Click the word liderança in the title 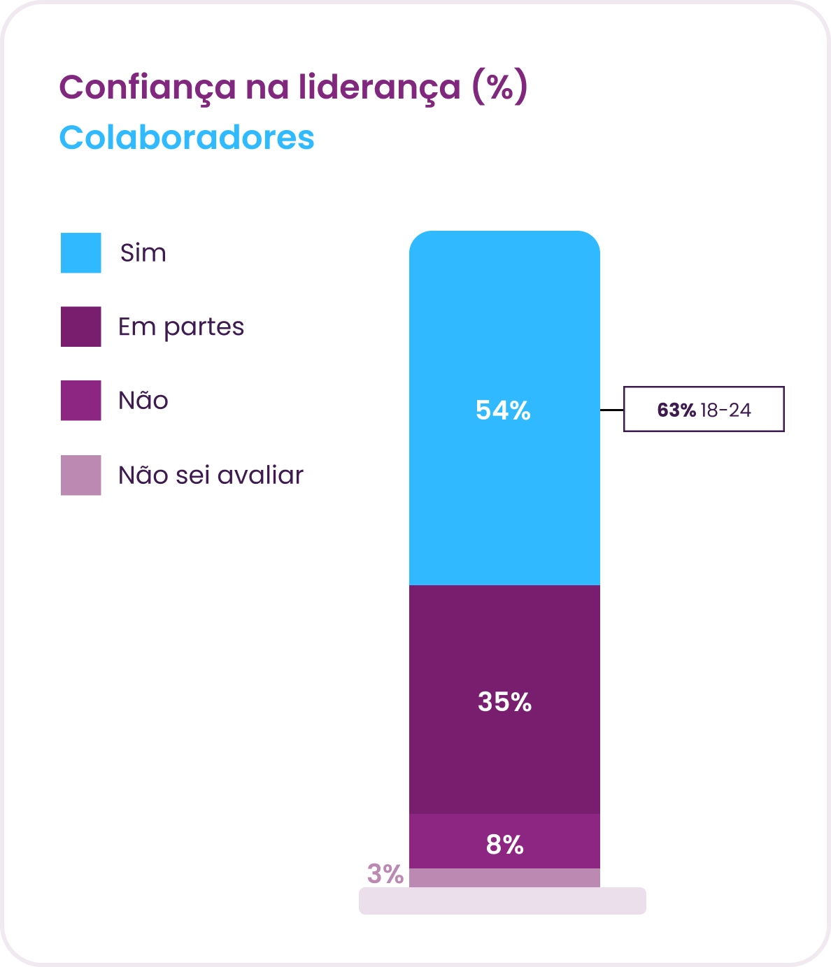380,87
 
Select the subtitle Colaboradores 187,138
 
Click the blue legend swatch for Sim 81,252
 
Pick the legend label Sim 143,253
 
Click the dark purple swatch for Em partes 81,327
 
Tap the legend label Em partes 181,327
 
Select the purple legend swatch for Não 81,401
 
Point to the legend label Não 143,401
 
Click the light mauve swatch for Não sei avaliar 81,475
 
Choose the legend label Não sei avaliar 211,475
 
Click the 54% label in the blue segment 504,410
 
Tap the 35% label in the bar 505,702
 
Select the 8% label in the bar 505,845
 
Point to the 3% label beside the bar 385,874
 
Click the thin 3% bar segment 504,878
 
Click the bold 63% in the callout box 676,410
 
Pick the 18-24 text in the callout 726,410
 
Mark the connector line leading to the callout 612,410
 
